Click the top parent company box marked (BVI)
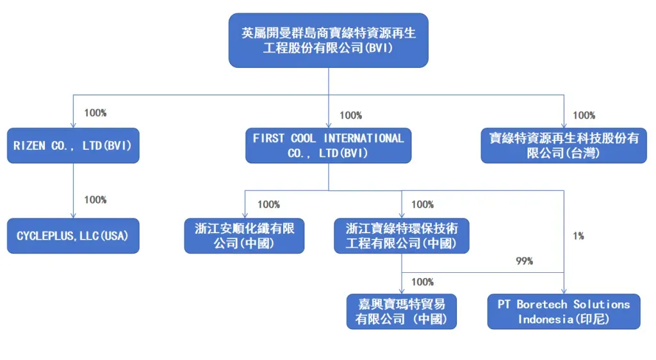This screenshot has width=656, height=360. [328, 40]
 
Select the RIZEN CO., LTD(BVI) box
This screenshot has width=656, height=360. [73, 145]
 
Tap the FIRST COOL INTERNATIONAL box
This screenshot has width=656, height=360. [328, 145]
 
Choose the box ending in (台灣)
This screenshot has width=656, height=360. [564, 145]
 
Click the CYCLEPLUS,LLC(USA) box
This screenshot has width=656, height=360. [73, 236]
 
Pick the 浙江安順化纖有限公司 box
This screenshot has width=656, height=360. [244, 236]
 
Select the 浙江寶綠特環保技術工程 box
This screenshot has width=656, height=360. [402, 236]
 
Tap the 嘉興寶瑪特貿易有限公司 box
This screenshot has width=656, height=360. [402, 311]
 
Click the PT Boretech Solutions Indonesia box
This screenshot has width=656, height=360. [564, 311]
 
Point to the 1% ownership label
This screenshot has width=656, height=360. [578, 236]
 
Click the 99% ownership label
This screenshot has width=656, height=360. [524, 261]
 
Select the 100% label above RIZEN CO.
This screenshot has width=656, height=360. [95, 113]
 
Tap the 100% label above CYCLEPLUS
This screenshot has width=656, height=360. [95, 199]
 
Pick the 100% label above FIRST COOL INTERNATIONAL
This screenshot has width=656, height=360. [350, 115]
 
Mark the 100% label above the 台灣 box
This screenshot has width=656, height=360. [584, 115]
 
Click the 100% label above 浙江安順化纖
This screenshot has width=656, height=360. [268, 204]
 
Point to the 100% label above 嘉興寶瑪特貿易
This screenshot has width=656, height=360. [422, 282]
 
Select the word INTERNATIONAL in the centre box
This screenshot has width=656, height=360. [364, 138]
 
